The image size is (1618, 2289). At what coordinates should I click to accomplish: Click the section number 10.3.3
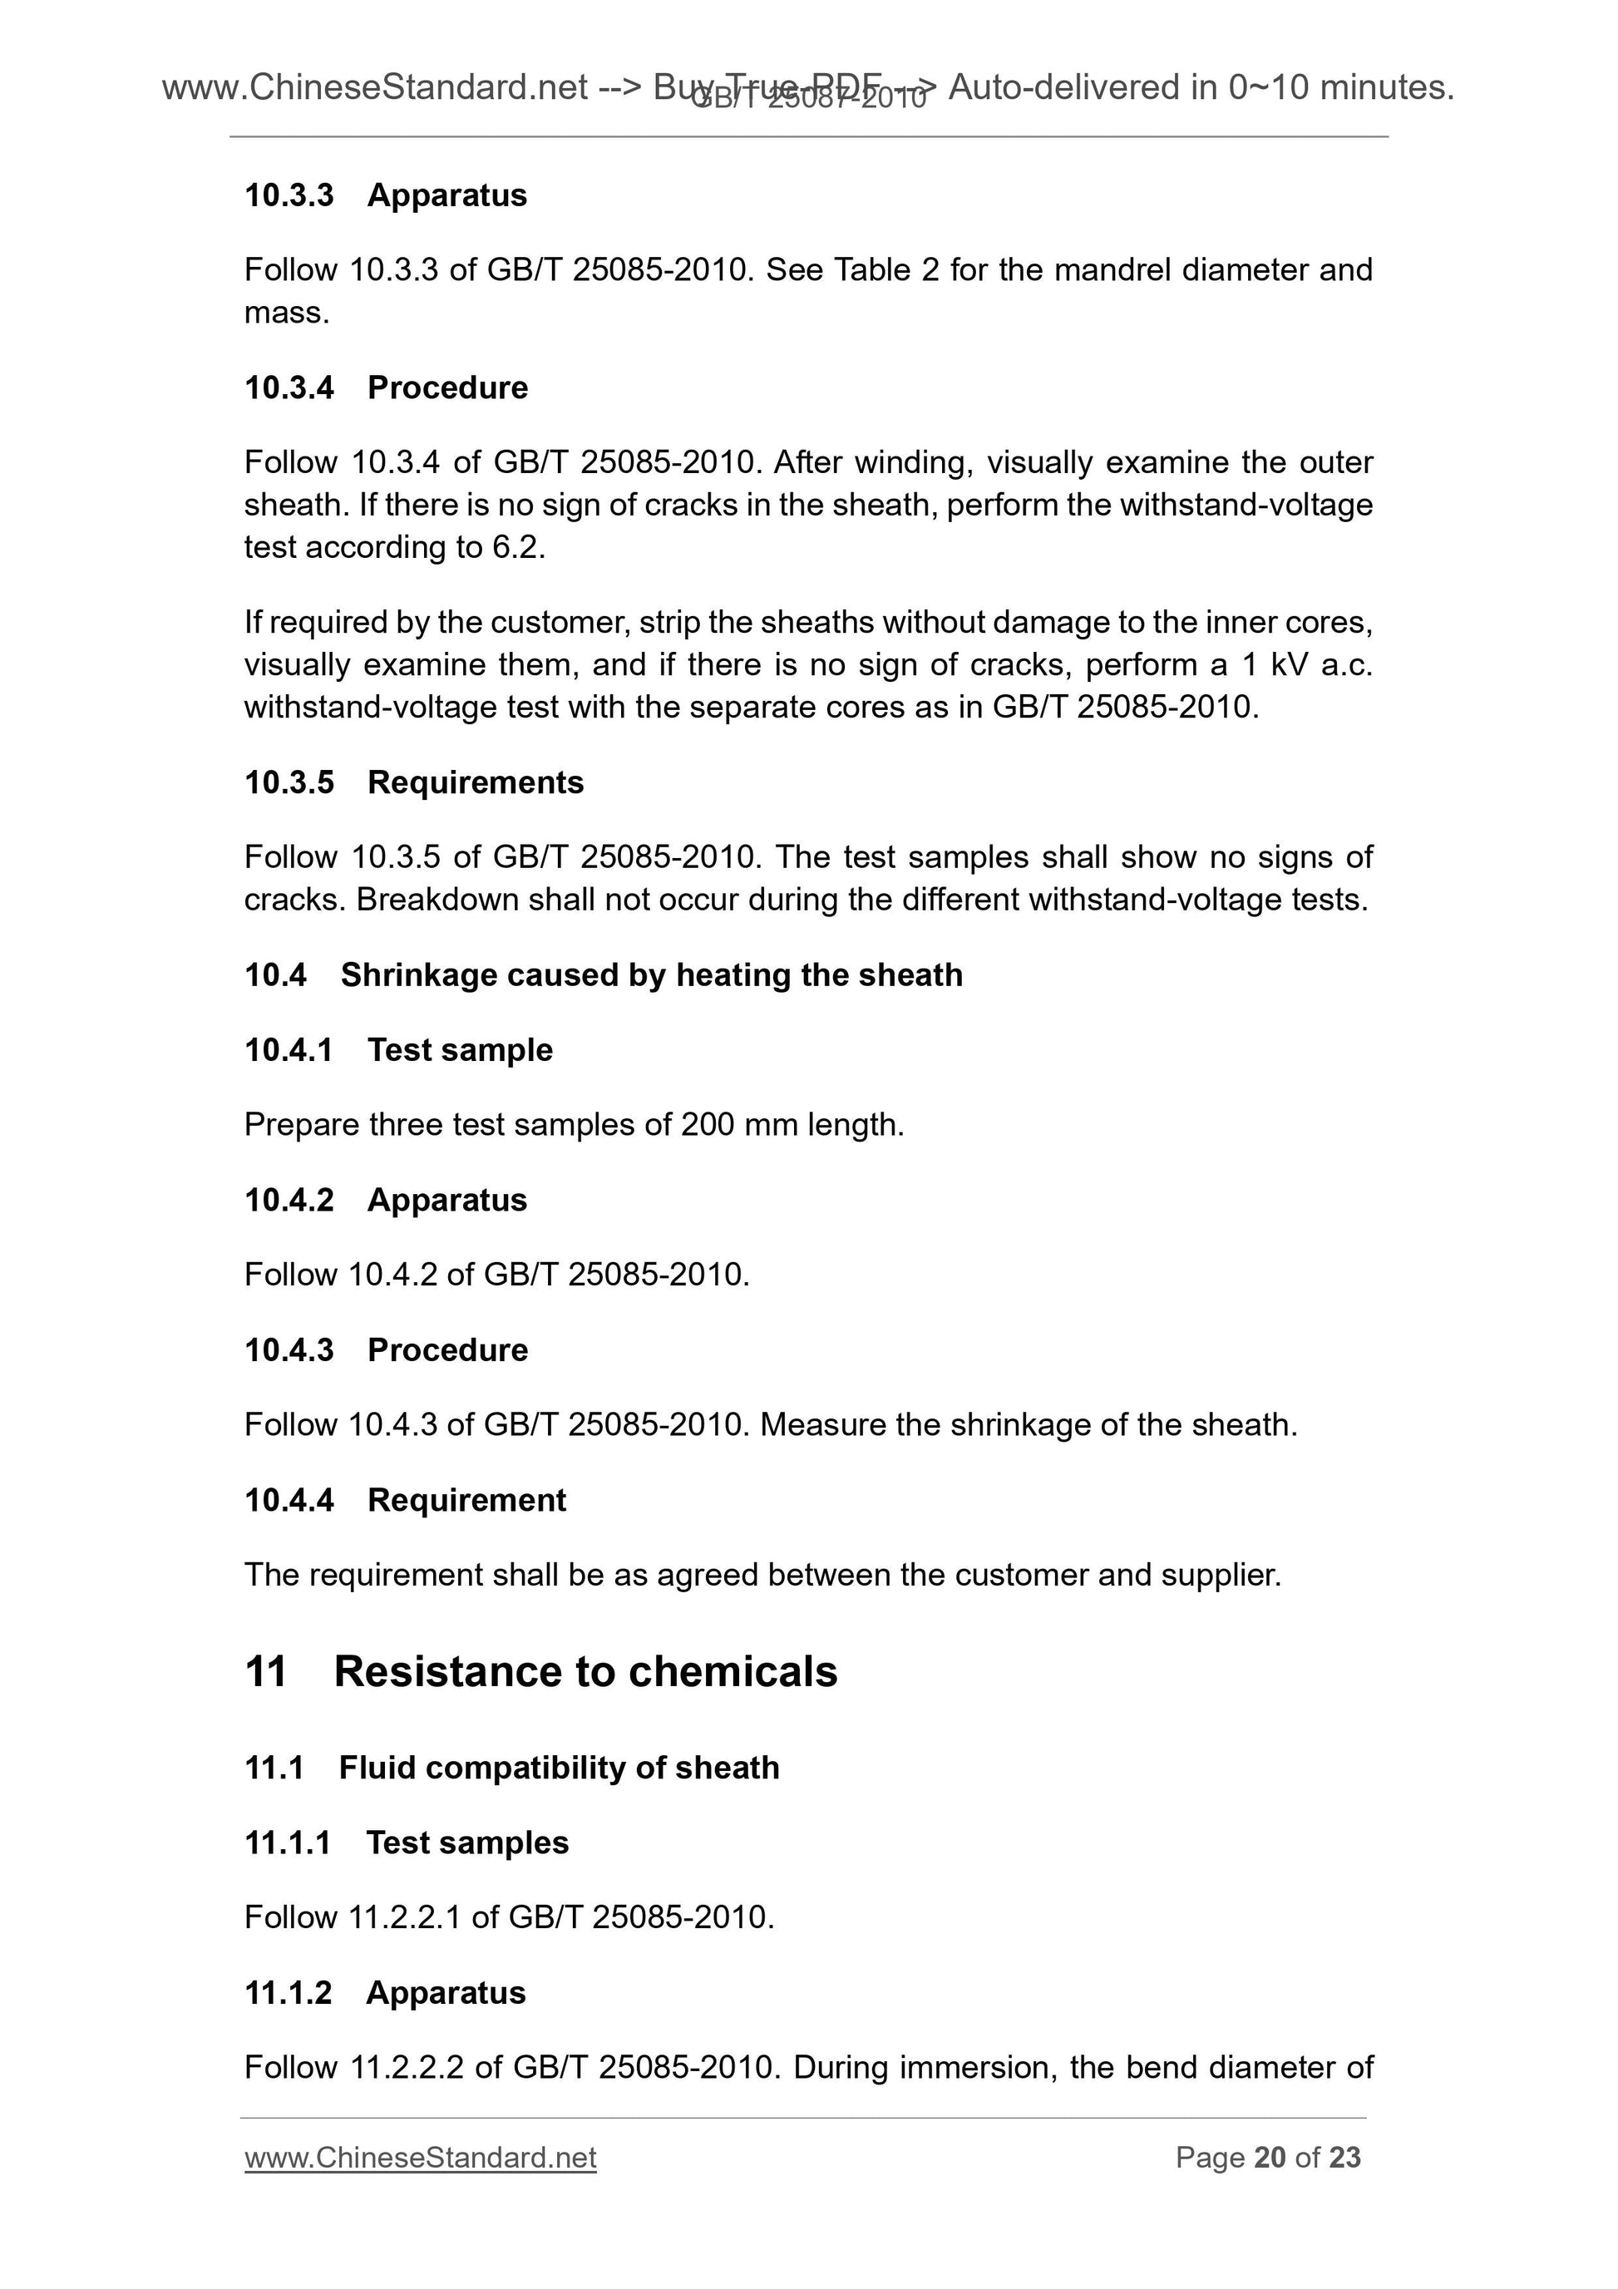pyautogui.click(x=289, y=195)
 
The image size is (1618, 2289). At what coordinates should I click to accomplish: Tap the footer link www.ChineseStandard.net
pyautogui.click(x=420, y=2158)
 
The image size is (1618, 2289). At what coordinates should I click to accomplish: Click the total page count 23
pyautogui.click(x=1344, y=2158)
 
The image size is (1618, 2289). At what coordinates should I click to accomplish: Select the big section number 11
pyautogui.click(x=265, y=1672)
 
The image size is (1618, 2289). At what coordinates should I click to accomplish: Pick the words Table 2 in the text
pyautogui.click(x=886, y=270)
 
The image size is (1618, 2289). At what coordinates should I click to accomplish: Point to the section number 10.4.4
pyautogui.click(x=289, y=1501)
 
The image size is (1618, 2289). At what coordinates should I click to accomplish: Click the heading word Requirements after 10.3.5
pyautogui.click(x=476, y=782)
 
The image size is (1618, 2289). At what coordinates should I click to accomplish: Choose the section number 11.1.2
pyautogui.click(x=289, y=1993)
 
